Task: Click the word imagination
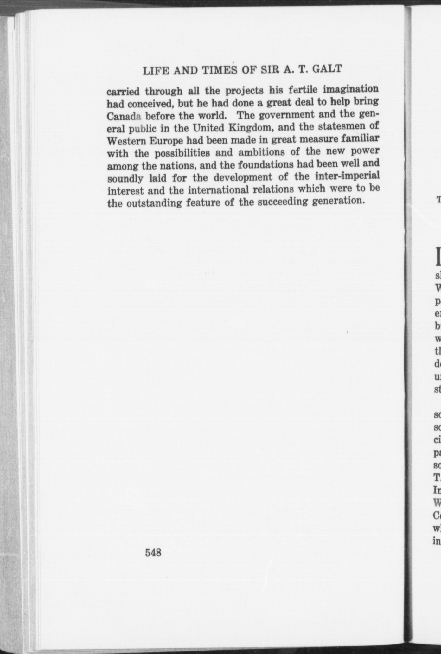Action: pos(350,89)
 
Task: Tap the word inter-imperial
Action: pos(348,176)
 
